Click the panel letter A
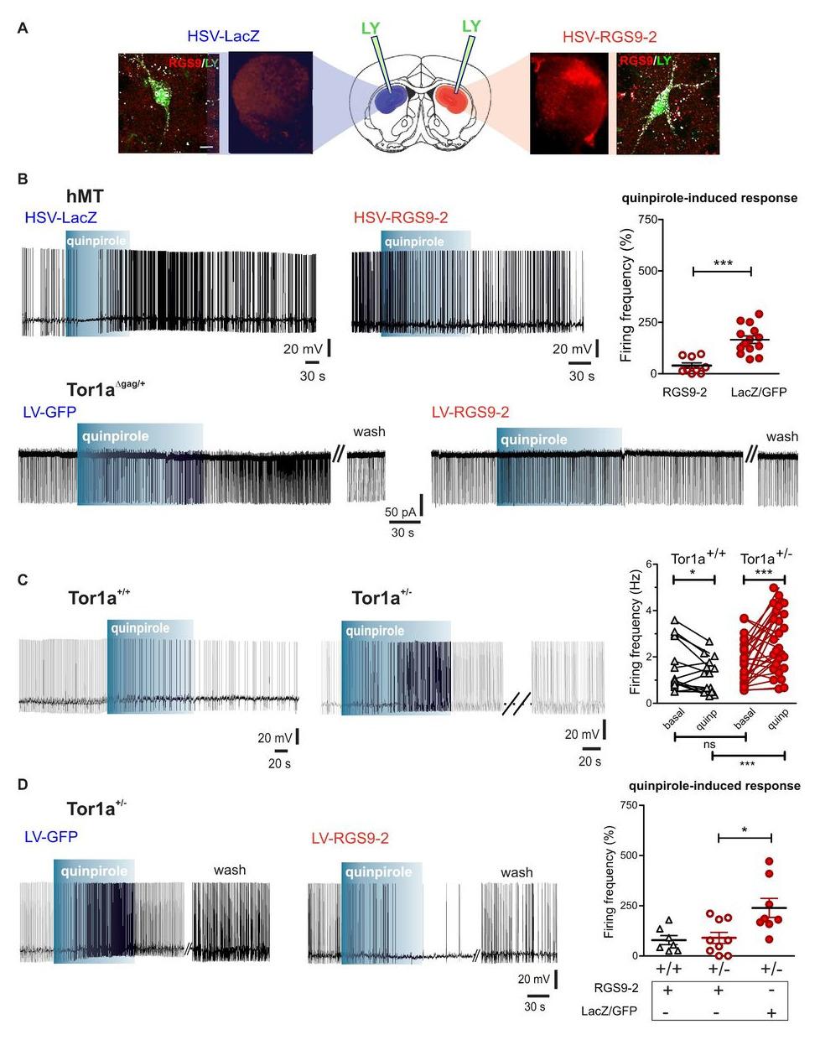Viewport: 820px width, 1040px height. pos(23,29)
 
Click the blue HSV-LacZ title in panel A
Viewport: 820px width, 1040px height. pos(223,36)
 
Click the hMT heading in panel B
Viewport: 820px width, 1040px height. pos(86,196)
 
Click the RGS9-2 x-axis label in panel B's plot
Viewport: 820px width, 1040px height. pos(684,392)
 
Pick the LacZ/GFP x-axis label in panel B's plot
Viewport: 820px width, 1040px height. pos(759,392)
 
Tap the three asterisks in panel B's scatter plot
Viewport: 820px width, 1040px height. pos(723,264)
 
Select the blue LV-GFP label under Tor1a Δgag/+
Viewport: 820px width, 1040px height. pos(50,412)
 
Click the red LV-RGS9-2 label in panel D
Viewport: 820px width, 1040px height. pos(350,838)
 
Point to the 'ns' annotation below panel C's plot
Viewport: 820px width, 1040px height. pos(708,745)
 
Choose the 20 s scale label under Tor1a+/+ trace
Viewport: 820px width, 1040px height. pos(279,763)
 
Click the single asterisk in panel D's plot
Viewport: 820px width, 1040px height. pos(745,830)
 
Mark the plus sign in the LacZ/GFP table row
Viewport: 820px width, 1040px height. pos(771,1012)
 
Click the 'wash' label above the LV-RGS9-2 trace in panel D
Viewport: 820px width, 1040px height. pos(516,872)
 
